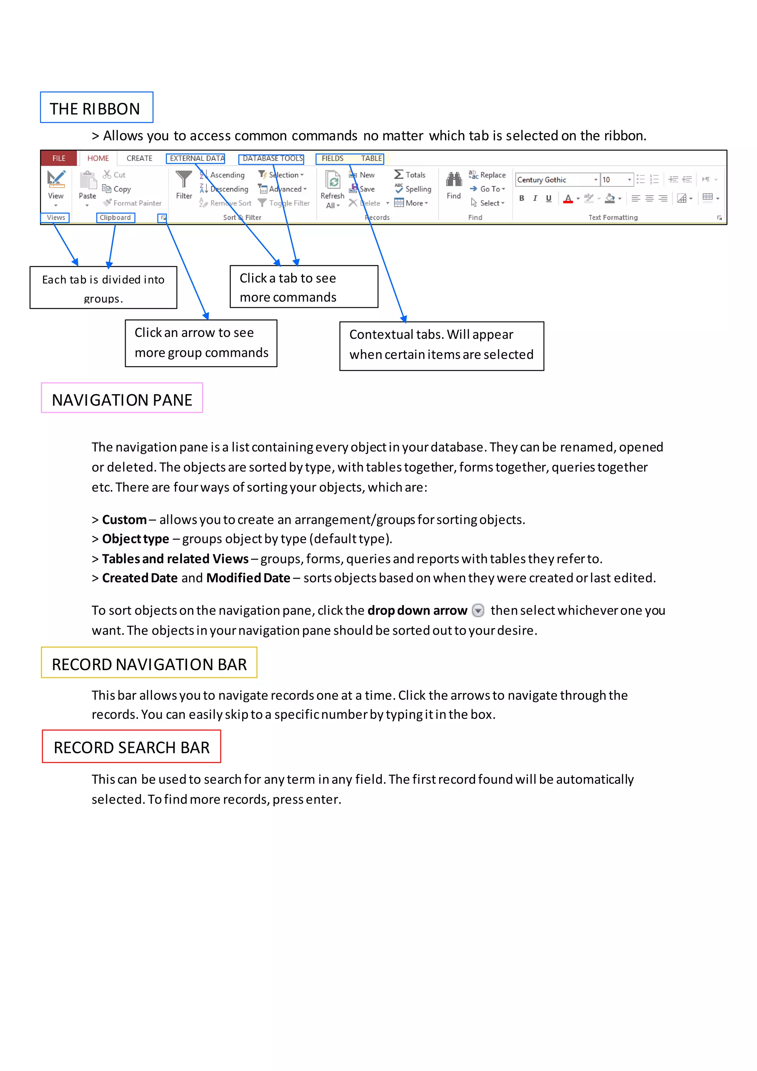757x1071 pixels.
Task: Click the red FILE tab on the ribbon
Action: point(59,158)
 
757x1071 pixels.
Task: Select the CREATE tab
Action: point(139,158)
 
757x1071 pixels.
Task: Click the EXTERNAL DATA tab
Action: point(196,159)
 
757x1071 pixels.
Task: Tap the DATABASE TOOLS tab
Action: point(272,159)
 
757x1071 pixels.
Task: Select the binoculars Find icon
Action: point(454,180)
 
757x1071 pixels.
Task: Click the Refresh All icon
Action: point(333,180)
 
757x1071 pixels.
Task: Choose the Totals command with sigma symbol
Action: point(410,175)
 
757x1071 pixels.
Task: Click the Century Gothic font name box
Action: point(554,180)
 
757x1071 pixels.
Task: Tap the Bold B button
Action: point(522,198)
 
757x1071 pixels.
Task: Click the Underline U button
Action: point(549,198)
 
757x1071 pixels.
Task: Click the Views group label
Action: point(55,217)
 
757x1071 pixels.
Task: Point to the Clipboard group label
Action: point(115,217)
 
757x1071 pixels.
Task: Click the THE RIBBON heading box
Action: point(96,108)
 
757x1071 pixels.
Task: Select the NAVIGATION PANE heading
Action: point(122,399)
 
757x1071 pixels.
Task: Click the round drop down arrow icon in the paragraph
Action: point(478,610)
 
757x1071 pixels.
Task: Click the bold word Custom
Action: point(124,519)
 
